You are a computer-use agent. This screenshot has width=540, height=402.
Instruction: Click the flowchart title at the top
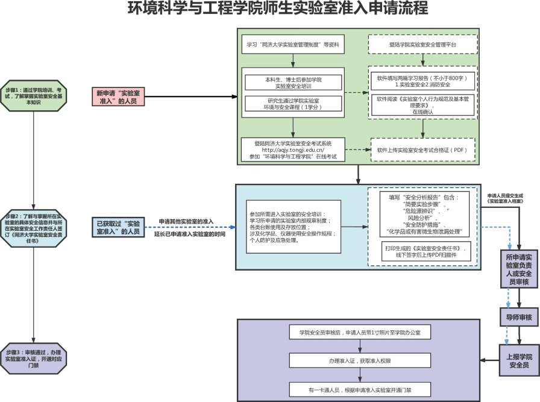[269, 9]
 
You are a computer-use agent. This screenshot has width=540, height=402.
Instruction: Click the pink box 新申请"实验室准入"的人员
[118, 96]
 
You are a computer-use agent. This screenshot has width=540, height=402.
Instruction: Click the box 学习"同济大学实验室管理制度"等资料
[293, 45]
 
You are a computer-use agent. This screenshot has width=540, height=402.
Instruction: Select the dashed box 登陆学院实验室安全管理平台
[422, 45]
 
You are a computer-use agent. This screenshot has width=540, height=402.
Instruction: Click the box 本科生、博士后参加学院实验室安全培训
[294, 83]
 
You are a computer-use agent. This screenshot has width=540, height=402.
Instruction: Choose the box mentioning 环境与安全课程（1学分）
[294, 103]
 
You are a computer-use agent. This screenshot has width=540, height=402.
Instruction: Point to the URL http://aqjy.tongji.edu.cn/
[293, 150]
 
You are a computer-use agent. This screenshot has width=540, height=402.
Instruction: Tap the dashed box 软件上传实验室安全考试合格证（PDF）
[422, 149]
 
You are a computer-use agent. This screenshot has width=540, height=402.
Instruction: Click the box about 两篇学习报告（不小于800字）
[422, 81]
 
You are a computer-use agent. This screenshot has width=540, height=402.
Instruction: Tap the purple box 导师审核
[519, 317]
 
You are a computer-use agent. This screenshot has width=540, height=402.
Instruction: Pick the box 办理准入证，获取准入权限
[359, 360]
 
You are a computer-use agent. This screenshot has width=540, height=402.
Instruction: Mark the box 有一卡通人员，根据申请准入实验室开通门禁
[359, 389]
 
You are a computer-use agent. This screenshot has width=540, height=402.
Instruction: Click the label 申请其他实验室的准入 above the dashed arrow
[186, 222]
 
